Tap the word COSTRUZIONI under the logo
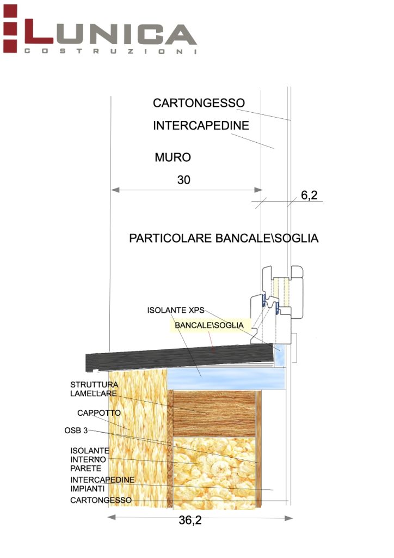pyautogui.click(x=109, y=51)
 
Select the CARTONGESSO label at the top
pyautogui.click(x=199, y=103)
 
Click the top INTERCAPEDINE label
pyautogui.click(x=201, y=125)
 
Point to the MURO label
pyautogui.click(x=173, y=157)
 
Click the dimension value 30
pyautogui.click(x=184, y=180)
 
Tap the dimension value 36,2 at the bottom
pyautogui.click(x=190, y=520)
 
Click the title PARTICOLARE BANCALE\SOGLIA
pyautogui.click(x=223, y=238)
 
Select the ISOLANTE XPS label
pyautogui.click(x=175, y=310)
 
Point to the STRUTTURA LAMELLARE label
pyautogui.click(x=94, y=389)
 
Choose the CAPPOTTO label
pyautogui.click(x=98, y=413)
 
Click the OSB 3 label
pyautogui.click(x=76, y=430)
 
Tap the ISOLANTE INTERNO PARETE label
pyautogui.click(x=90, y=460)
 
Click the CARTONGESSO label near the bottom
pyautogui.click(x=101, y=500)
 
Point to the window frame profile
pyautogui.click(x=275, y=305)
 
